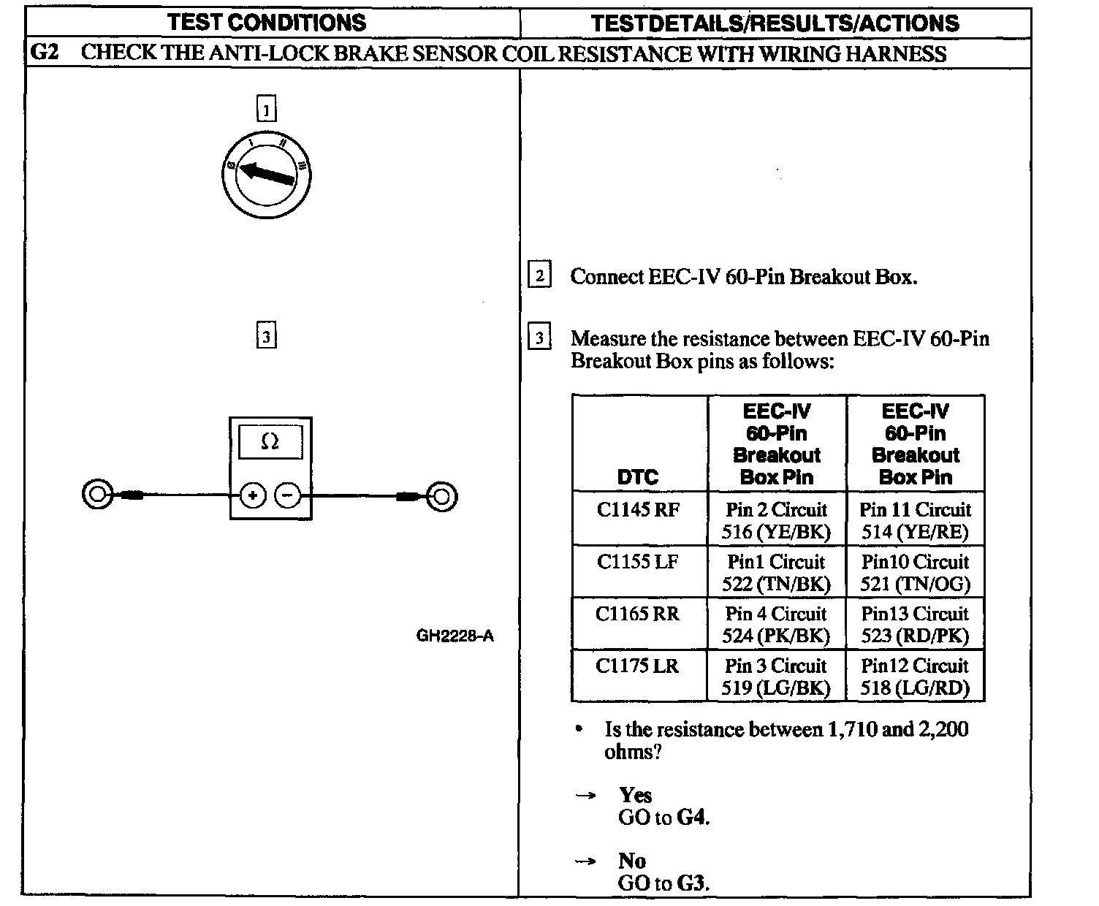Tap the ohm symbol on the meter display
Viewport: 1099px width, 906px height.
270,441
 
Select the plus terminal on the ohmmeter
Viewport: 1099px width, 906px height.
253,496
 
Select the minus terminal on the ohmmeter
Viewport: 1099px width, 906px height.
287,496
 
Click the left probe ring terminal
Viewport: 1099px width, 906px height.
97,495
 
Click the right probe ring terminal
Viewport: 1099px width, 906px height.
442,497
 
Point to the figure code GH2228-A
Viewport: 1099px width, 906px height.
455,636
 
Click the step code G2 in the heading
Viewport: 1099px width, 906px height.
45,53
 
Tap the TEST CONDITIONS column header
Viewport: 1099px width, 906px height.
267,23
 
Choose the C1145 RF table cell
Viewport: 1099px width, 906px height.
638,509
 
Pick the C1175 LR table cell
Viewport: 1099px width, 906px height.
637,666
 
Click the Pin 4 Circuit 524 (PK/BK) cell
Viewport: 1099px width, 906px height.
776,625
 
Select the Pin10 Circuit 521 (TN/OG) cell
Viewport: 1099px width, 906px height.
915,573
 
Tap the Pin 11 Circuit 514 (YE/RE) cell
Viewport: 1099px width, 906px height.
915,520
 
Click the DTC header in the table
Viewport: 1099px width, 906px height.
638,477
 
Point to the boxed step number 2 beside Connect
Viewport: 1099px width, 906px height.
539,276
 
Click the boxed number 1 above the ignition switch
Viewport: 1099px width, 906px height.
267,110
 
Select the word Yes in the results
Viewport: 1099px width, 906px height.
635,795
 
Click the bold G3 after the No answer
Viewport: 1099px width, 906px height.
693,883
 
